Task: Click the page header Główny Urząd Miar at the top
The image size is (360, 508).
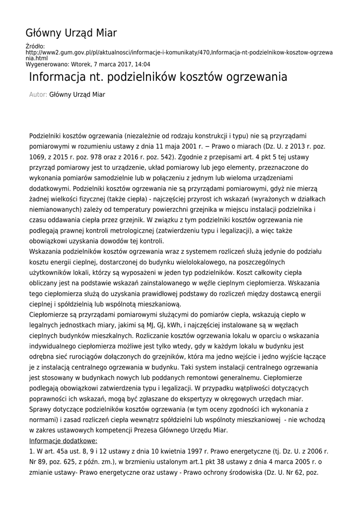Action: [71, 33]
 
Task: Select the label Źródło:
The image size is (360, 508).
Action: [35, 46]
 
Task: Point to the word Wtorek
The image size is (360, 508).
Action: [80, 64]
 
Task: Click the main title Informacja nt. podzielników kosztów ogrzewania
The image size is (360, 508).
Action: [158, 77]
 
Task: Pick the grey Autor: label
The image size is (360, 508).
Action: [38, 94]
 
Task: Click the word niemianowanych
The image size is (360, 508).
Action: [55, 209]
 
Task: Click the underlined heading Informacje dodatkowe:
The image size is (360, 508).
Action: [63, 441]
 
